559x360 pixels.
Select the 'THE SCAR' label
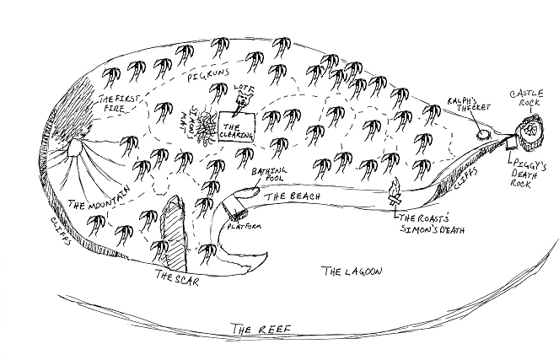pyautogui.click(x=175, y=278)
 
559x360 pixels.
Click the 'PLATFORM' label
pyautogui.click(x=243, y=228)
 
